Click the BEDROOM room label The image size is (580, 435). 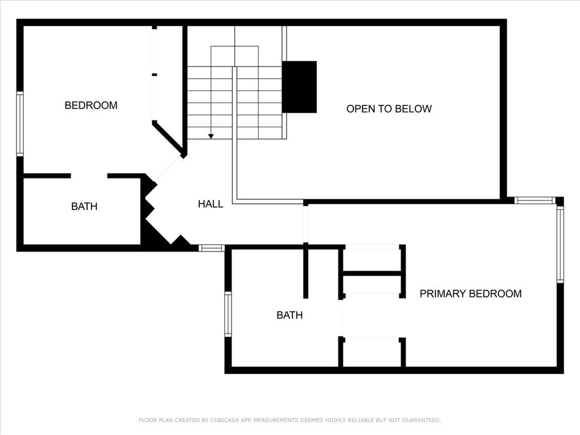click(91, 105)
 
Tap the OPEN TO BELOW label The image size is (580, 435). click(389, 109)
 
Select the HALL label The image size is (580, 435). click(211, 204)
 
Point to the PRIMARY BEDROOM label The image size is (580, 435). click(471, 294)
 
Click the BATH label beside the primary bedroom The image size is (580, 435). click(289, 315)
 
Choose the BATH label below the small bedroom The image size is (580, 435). click(84, 206)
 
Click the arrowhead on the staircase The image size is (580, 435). click(211, 137)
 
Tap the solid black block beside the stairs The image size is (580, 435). click(299, 87)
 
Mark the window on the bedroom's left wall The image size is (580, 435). click(20, 124)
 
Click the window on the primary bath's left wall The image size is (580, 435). click(228, 314)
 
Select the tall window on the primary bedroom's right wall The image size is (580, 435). click(560, 244)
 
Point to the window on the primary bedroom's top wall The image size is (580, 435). click(535, 201)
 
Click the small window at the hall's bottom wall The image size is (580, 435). click(212, 248)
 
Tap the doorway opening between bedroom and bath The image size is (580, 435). click(89, 176)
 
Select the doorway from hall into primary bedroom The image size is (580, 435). click(305, 224)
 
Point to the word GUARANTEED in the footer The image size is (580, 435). click(421, 420)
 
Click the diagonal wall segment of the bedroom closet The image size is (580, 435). click(168, 139)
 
